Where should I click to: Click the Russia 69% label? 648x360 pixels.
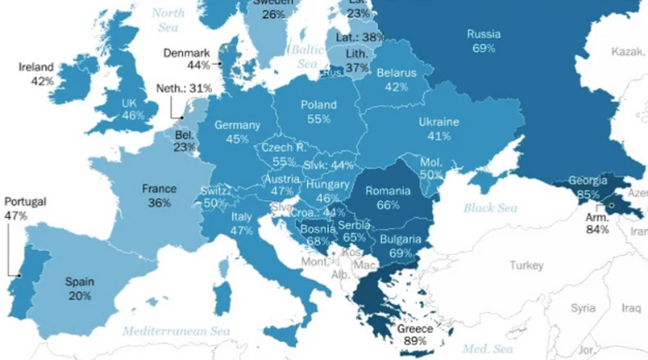483,41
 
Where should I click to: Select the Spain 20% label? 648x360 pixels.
80,288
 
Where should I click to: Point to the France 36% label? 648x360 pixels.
159,194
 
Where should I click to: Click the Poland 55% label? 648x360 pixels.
319,112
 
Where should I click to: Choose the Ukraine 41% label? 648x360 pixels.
439,129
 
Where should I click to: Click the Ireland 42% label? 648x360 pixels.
37,74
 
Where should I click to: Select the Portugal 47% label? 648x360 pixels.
25,207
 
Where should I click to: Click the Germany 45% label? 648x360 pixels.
237,132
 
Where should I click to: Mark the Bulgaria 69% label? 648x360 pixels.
400,247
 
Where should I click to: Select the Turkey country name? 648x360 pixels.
526,266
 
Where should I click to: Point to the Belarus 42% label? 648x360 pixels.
397,80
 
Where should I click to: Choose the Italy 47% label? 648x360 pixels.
241,224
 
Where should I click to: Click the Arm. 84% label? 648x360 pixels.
597,224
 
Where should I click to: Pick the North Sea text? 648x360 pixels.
168,20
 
